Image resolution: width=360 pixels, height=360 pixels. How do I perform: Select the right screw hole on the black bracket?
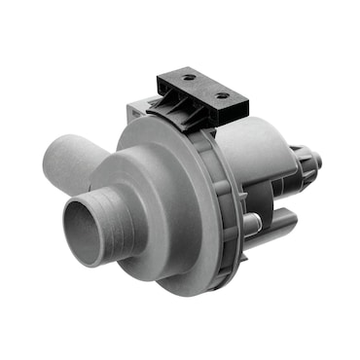point(225,95)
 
